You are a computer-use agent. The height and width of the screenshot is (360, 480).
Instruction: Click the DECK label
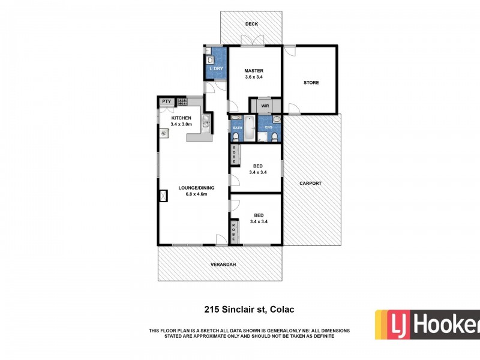coord(251,24)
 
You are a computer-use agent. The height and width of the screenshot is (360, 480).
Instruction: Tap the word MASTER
coord(254,71)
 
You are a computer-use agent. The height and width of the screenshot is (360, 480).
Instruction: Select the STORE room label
coord(311,83)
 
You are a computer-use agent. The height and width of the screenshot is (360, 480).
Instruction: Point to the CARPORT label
coord(311,183)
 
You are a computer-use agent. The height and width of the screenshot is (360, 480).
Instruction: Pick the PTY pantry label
coord(166,102)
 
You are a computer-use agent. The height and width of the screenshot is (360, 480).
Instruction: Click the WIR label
coord(265,106)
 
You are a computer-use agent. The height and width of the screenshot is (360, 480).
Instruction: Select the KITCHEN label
coord(181,118)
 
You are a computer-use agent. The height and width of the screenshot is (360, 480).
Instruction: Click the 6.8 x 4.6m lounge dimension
coord(193,194)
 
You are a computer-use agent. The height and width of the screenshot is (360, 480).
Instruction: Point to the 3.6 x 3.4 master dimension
coord(254,77)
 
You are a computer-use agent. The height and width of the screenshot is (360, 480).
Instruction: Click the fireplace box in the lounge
coord(163,196)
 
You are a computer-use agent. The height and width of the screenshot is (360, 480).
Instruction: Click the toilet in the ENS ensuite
coord(274,137)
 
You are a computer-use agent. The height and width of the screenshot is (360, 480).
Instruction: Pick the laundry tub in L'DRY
coord(211,60)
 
